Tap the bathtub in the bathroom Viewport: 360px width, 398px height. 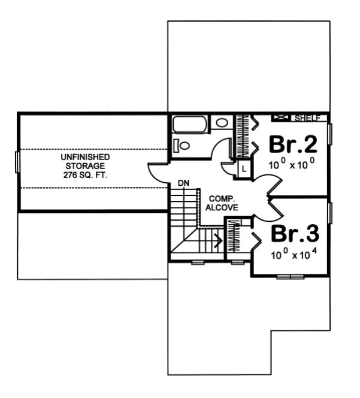(190, 125)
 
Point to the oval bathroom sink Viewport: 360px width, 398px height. (222, 123)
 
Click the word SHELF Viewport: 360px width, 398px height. (308, 118)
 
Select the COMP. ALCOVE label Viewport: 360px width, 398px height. (222, 203)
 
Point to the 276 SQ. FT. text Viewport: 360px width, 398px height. (85, 176)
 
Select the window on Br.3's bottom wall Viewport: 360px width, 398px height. (290, 276)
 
